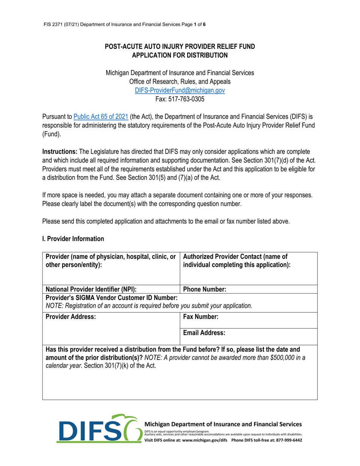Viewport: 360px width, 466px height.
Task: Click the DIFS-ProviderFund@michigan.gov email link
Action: coord(180,91)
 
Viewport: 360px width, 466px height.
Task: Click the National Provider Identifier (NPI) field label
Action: coord(91,289)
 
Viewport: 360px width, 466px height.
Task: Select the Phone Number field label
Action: coord(205,289)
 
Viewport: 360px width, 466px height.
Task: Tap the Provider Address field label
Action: coord(70,316)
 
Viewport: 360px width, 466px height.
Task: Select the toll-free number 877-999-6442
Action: coord(288,440)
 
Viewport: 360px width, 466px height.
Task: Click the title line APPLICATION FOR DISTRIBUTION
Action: coord(180,55)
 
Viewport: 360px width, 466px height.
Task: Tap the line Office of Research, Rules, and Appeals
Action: coord(180,81)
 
